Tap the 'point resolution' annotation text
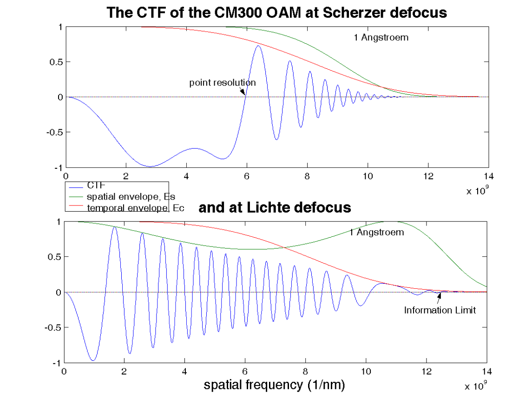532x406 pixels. pyautogui.click(x=222, y=83)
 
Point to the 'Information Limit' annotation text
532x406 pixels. pyautogui.click(x=440, y=310)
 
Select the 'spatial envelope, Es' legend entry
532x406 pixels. pyautogui.click(x=131, y=196)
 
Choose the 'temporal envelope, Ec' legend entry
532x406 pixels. pyautogui.click(x=135, y=208)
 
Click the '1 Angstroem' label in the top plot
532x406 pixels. pyautogui.click(x=381, y=38)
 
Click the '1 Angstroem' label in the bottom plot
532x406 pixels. pyautogui.click(x=377, y=232)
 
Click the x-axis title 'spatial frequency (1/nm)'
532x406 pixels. pyautogui.click(x=275, y=385)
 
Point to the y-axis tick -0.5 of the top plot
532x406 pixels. pyautogui.click(x=54, y=132)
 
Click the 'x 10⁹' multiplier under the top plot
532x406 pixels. pyautogui.click(x=478, y=190)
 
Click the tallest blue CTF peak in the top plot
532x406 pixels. pyautogui.click(x=258, y=46)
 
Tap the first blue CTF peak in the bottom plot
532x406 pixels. pyautogui.click(x=114, y=227)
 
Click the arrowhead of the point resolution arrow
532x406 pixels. pyautogui.click(x=244, y=94)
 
